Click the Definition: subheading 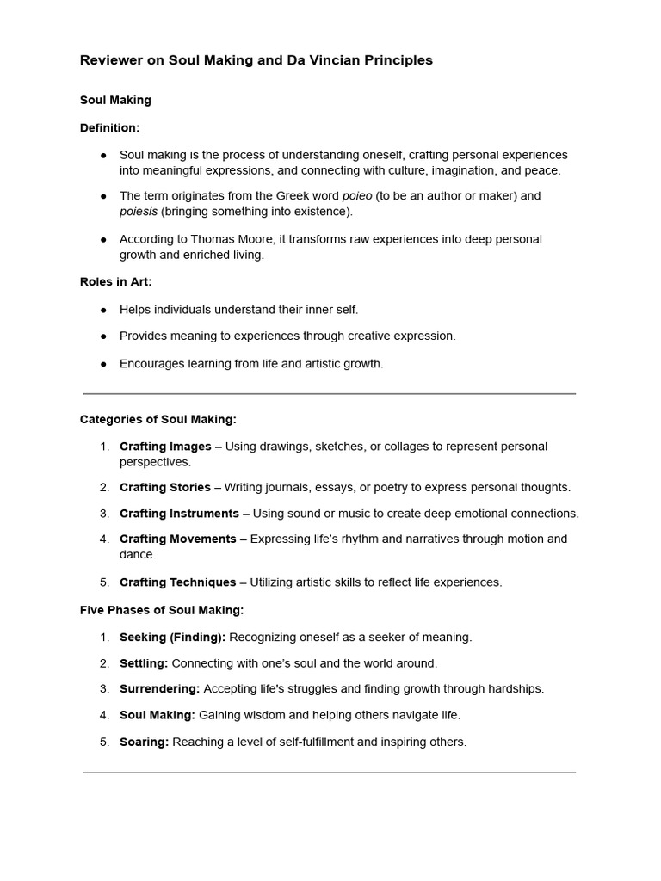tap(109, 127)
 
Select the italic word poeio tap(357, 196)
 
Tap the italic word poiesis tap(139, 212)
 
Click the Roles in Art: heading tap(115, 281)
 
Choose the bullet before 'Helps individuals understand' tap(103, 310)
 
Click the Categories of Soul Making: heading tap(158, 419)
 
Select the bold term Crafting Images tap(165, 447)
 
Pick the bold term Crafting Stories tap(165, 487)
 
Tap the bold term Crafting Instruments tap(179, 514)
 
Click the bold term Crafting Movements tap(177, 539)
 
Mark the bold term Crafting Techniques tap(177, 582)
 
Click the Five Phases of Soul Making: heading tap(162, 610)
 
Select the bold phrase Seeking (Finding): tap(172, 638)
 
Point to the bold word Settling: tap(144, 663)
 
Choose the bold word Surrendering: tap(159, 689)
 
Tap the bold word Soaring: tap(144, 742)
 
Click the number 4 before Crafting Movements tap(103, 539)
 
